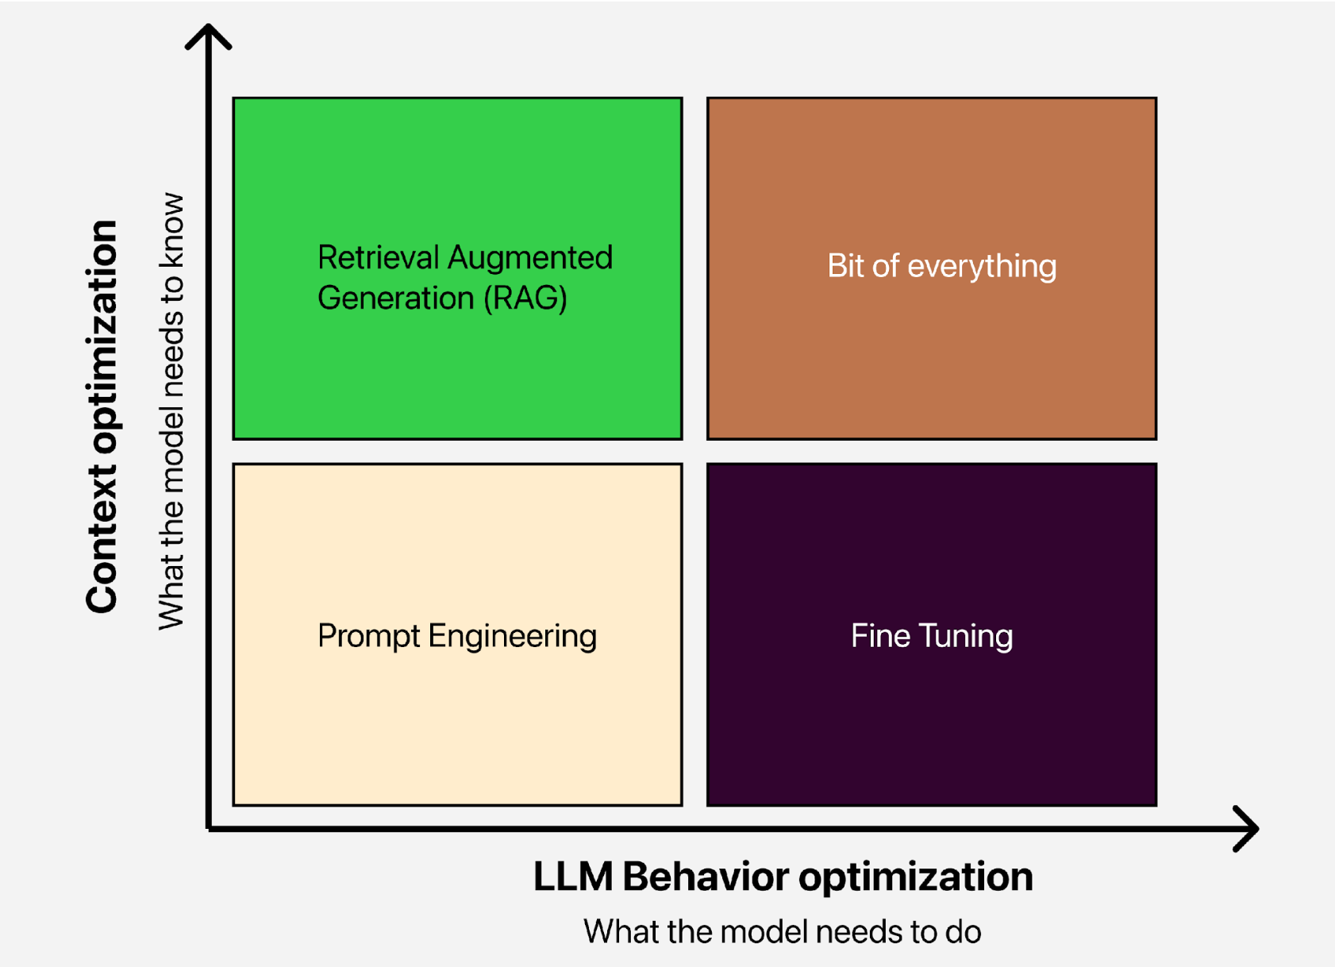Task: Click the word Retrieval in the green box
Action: (378, 257)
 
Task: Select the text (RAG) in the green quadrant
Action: (525, 298)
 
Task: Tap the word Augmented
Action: (530, 257)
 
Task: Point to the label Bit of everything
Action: (941, 266)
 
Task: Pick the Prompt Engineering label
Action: (456, 636)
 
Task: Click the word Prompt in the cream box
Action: (368, 636)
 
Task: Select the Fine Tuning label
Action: (932, 636)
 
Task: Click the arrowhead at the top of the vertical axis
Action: (208, 35)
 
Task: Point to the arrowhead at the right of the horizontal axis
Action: (1247, 829)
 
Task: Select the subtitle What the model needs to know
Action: (171, 411)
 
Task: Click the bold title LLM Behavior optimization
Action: (783, 877)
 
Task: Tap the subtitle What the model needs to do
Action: (783, 931)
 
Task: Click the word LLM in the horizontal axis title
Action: (572, 877)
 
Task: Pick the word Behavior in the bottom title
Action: (706, 877)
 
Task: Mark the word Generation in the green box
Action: (395, 298)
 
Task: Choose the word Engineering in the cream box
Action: (512, 636)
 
